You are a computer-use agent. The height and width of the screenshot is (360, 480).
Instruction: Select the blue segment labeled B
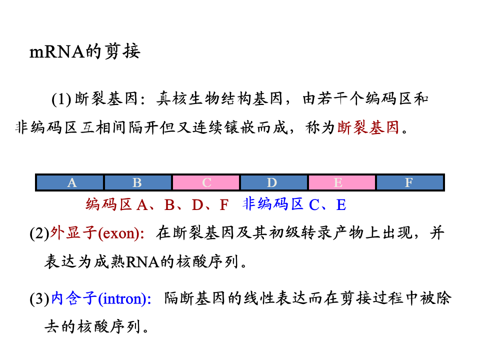pyautogui.click(x=137, y=183)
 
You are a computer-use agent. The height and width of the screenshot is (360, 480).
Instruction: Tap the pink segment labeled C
pyautogui.click(x=206, y=183)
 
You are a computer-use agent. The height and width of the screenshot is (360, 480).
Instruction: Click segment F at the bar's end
pyautogui.click(x=409, y=183)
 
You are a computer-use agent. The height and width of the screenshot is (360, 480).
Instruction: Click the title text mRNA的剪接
pyautogui.click(x=85, y=51)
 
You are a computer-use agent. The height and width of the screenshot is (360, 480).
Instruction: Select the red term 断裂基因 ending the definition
pyautogui.click(x=368, y=128)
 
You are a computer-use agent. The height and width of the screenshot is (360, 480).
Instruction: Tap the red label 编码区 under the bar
pyautogui.click(x=108, y=204)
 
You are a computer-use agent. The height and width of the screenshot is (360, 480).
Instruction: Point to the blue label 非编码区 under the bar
pyautogui.click(x=273, y=204)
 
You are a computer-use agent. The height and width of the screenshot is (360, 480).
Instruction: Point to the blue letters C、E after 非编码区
pyautogui.click(x=327, y=204)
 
